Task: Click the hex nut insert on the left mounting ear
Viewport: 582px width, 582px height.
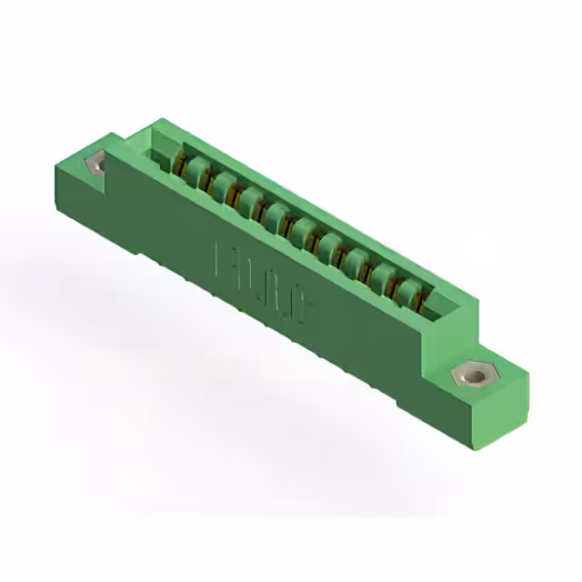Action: (x=95, y=164)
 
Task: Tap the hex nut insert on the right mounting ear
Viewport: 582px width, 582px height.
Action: (x=472, y=373)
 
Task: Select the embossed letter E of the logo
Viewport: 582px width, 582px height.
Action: (x=223, y=259)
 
